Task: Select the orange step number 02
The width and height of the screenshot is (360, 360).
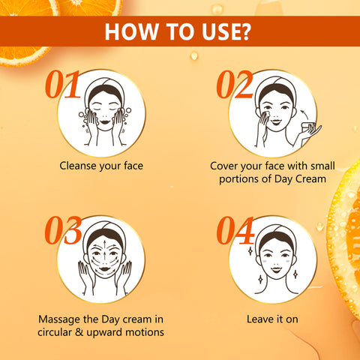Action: click(234, 86)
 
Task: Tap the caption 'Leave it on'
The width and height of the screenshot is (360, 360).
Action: click(272, 319)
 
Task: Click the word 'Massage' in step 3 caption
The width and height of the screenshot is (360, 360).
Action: click(57, 319)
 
